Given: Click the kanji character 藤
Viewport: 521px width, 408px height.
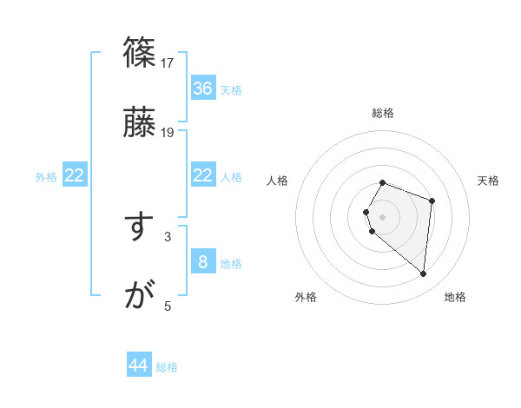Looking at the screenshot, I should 140,122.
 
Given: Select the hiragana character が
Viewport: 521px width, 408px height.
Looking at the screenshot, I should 139,296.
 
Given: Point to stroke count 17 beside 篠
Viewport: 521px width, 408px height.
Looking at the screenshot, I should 168,63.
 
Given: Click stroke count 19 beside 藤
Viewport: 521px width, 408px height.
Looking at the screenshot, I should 168,133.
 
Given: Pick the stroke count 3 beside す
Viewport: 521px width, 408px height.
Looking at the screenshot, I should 168,236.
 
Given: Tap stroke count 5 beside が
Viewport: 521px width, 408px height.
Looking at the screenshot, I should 168,306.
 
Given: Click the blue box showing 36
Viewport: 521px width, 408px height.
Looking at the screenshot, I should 203,89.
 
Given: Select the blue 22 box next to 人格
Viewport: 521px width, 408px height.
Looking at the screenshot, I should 203,176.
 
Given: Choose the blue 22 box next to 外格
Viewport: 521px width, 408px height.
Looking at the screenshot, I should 75,176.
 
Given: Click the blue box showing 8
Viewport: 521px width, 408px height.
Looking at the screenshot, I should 203,262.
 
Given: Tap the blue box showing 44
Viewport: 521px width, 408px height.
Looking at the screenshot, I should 139,365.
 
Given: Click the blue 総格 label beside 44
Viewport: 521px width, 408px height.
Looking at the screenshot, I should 168,367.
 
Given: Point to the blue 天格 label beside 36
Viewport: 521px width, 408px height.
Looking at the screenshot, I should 231,90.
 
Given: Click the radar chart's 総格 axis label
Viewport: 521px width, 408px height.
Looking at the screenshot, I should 383,113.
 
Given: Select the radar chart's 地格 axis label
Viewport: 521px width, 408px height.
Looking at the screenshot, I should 455,298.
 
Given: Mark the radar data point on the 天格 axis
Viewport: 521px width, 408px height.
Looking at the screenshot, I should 432,201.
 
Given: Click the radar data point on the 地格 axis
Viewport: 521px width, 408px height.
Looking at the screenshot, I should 424,274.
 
